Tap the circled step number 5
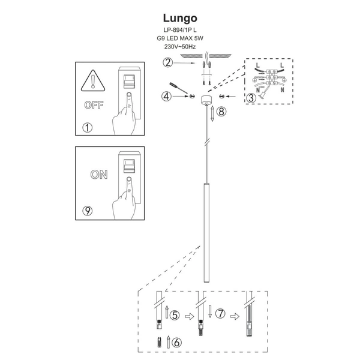[x=175, y=314]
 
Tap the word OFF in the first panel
[x=93, y=104]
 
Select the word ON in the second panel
[x=99, y=175]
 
